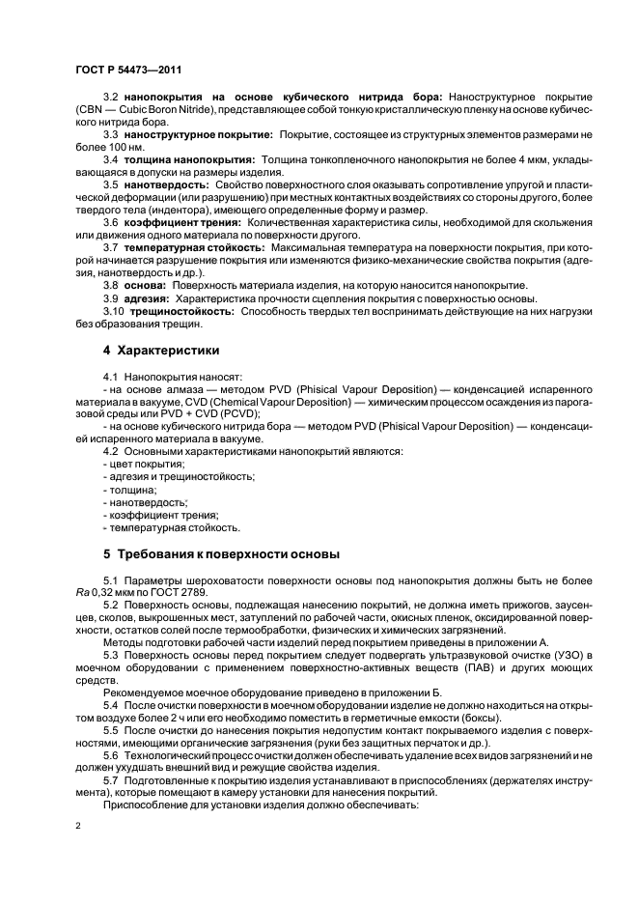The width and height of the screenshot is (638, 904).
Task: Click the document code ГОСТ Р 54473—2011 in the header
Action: (x=128, y=71)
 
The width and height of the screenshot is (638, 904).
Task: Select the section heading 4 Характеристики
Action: (x=160, y=350)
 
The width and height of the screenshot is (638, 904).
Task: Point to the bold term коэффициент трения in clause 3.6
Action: (x=182, y=221)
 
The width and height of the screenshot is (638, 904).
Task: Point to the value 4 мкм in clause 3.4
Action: (x=543, y=157)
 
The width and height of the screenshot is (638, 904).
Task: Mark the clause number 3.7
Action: (x=112, y=247)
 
